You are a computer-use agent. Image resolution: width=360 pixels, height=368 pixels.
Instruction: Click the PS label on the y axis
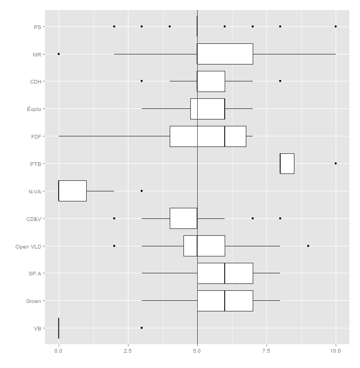point(36,26)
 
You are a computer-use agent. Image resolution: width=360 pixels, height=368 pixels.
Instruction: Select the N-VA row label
point(35,191)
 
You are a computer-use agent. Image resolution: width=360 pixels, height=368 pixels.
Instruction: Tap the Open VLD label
point(29,246)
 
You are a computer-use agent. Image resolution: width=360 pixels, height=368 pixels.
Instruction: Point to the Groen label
point(33,301)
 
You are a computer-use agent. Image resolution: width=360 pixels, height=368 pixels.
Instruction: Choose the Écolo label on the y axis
point(34,109)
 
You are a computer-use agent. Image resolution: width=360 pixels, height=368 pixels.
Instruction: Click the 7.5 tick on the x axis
point(266,351)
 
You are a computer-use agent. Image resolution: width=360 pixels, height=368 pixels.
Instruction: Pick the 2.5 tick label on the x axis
point(127,351)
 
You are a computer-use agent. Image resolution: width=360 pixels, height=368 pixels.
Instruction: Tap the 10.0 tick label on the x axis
point(336,351)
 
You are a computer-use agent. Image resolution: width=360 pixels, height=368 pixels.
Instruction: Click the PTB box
point(287,163)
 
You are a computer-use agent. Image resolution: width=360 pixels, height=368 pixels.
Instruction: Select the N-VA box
point(72,191)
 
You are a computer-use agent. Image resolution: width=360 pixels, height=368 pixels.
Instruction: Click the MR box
point(225,54)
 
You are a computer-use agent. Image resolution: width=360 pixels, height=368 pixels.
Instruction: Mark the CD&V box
point(183,218)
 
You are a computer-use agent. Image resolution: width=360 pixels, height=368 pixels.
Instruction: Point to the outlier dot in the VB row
point(142,328)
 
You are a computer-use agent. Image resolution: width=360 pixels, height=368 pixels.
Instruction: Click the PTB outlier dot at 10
point(336,163)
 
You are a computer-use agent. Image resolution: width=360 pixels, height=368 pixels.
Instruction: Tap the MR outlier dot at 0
point(59,54)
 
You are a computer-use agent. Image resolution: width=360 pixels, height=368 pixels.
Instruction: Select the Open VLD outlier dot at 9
point(308,246)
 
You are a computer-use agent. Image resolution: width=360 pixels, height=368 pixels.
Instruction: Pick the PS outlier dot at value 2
point(114,26)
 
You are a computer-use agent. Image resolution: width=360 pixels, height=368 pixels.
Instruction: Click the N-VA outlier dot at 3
point(142,191)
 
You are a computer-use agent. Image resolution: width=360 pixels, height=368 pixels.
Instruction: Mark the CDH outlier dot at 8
point(280,81)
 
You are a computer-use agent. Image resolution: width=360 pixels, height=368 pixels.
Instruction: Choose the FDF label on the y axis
point(36,136)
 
